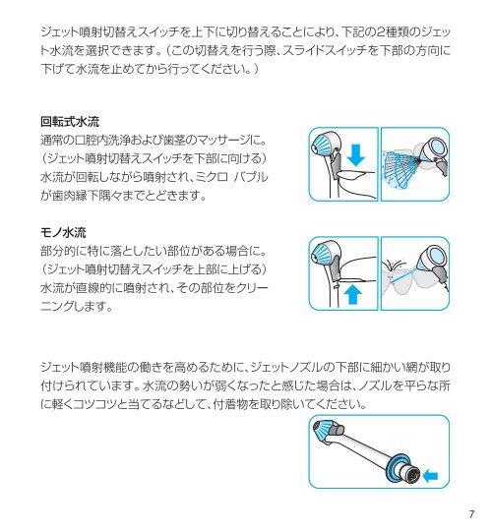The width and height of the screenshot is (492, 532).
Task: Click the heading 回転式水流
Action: click(x=70, y=122)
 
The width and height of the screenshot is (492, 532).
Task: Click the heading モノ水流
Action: click(x=63, y=232)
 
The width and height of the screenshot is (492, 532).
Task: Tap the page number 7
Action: click(x=471, y=514)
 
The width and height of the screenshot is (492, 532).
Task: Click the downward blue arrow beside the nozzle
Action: click(x=355, y=155)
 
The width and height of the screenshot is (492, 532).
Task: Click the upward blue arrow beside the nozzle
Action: click(x=353, y=294)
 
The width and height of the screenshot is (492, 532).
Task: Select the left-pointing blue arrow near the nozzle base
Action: click(x=431, y=476)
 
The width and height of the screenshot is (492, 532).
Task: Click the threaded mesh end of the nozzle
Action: click(x=413, y=473)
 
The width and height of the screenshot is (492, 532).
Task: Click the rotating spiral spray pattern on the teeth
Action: click(x=400, y=168)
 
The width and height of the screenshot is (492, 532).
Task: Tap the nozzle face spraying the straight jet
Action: click(x=435, y=256)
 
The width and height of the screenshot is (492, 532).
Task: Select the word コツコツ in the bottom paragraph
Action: click(x=94, y=404)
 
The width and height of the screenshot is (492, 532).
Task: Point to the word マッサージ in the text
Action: click(x=223, y=140)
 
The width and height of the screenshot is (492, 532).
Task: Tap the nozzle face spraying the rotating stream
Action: click(x=436, y=148)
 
